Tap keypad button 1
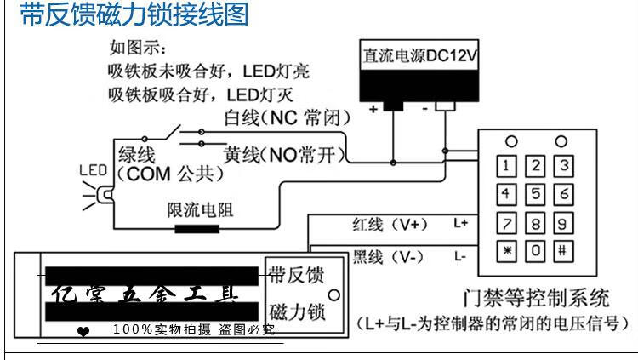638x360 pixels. pos(507,163)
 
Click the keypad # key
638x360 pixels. pos(561,252)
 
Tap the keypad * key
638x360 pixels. pos(507,252)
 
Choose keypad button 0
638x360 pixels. pos(534,252)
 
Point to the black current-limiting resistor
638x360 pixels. pos(197,227)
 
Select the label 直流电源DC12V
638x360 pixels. pos(417,58)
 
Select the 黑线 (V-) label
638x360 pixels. pos(387,256)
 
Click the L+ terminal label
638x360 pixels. pos(461,224)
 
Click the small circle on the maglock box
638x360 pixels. pos(333,294)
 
